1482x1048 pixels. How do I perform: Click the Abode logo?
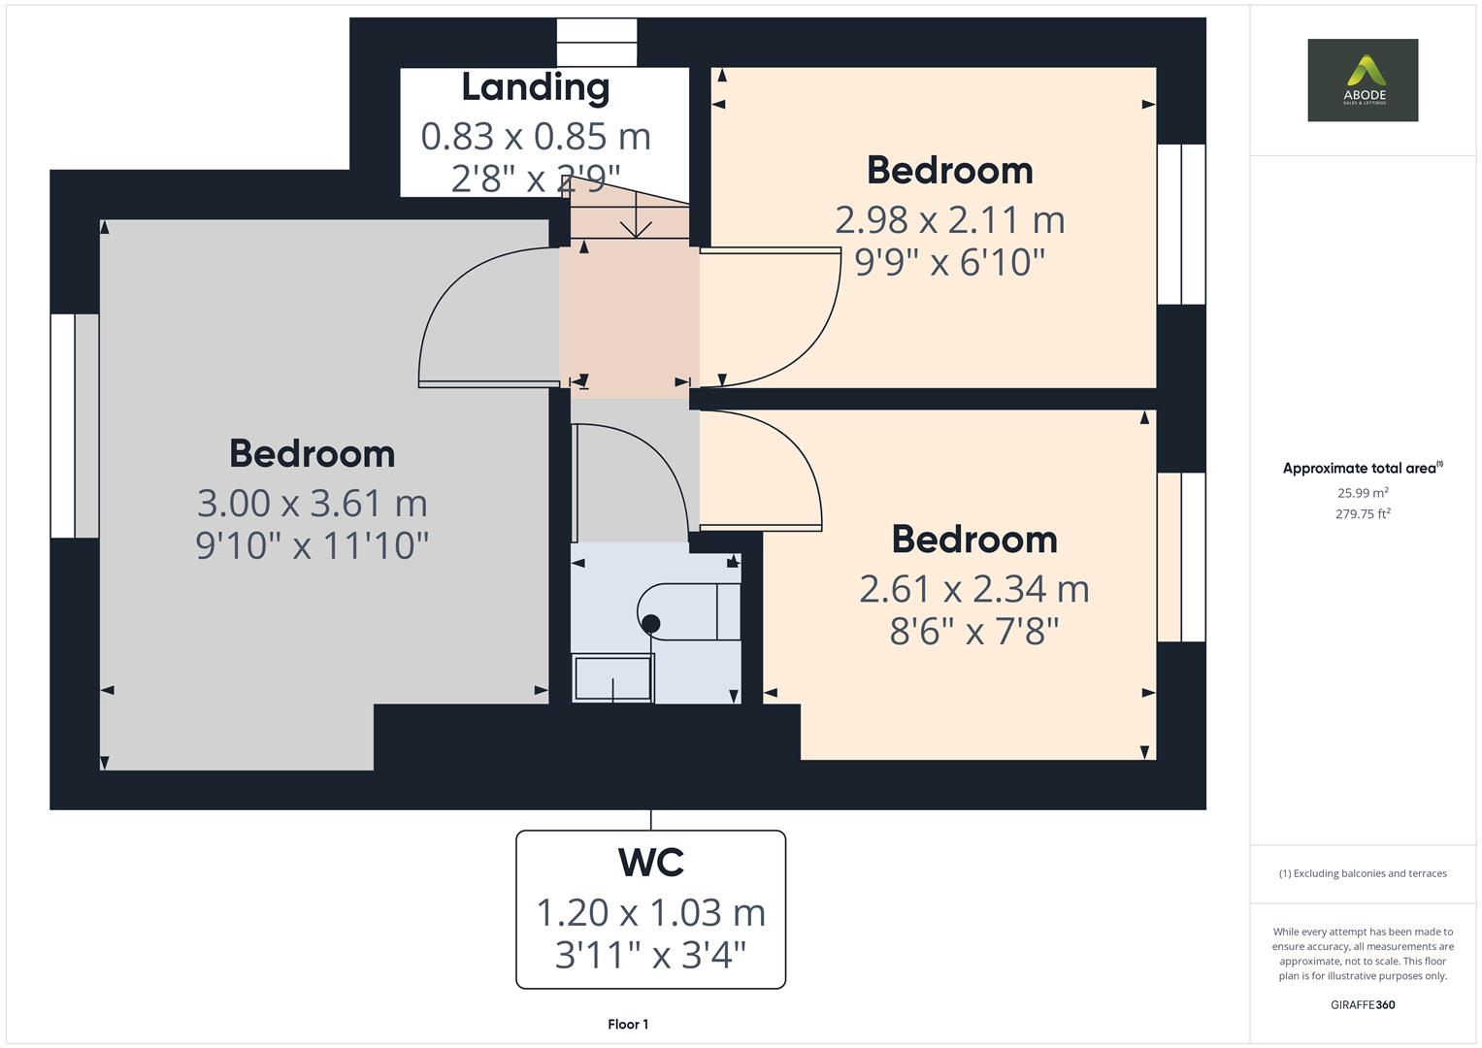pyautogui.click(x=1362, y=80)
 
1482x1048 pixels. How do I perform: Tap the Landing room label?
pyautogui.click(x=535, y=87)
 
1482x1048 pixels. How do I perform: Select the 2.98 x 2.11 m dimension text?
pyautogui.click(x=949, y=220)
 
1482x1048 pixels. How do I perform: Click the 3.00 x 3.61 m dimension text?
pyautogui.click(x=312, y=504)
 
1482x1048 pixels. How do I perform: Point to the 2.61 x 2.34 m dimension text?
pyautogui.click(x=973, y=589)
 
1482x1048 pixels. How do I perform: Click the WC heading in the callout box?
pyautogui.click(x=650, y=862)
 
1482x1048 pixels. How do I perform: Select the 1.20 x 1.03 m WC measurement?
pyautogui.click(x=650, y=912)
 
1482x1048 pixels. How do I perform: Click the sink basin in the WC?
pyautogui.click(x=612, y=677)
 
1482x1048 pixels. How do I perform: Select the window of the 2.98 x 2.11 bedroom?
pyautogui.click(x=1181, y=224)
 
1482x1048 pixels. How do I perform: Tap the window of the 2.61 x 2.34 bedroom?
pyautogui.click(x=1181, y=557)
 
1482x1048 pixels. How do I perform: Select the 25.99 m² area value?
pyautogui.click(x=1362, y=493)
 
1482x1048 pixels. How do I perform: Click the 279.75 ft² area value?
pyautogui.click(x=1362, y=514)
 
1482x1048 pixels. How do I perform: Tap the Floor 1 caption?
pyautogui.click(x=628, y=1024)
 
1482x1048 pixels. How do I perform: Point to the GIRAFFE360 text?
pyautogui.click(x=1362, y=1004)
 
